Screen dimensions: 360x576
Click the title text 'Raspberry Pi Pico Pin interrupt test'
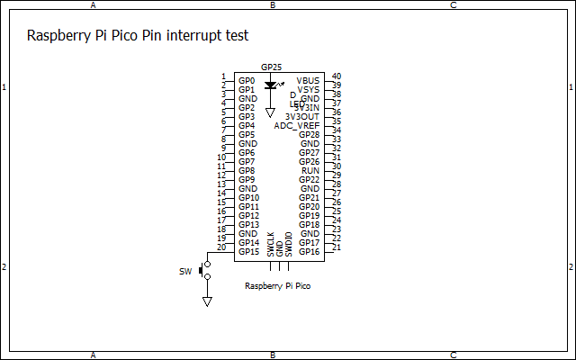138,36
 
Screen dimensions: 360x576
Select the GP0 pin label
247,80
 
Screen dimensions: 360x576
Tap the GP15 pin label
248,251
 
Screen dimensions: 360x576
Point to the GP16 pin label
310,251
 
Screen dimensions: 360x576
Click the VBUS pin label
308,80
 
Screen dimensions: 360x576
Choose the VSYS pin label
309,89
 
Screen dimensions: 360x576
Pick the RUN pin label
310,170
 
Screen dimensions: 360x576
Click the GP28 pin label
310,134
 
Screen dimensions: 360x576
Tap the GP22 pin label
310,179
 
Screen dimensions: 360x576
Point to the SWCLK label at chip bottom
271,245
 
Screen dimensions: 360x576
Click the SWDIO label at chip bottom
289,245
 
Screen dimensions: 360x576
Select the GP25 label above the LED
271,67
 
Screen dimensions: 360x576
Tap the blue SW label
185,271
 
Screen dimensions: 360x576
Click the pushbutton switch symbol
206,270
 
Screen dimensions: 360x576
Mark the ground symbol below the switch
207,301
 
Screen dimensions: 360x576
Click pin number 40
336,76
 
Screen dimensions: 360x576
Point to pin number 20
221,247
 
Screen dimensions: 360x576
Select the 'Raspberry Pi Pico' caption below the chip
278,285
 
